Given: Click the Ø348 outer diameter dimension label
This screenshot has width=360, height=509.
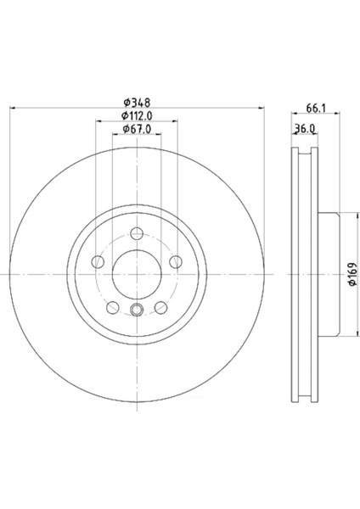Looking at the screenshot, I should click(137, 101).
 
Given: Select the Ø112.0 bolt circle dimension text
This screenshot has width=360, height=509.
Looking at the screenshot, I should click(137, 115).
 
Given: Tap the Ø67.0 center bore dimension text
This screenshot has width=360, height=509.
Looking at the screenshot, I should click(137, 129).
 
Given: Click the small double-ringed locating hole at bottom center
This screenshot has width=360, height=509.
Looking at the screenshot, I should click(137, 310).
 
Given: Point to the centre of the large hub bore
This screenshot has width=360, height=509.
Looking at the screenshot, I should click(137, 274).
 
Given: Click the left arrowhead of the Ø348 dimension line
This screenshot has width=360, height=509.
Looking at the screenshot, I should click(14, 108).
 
